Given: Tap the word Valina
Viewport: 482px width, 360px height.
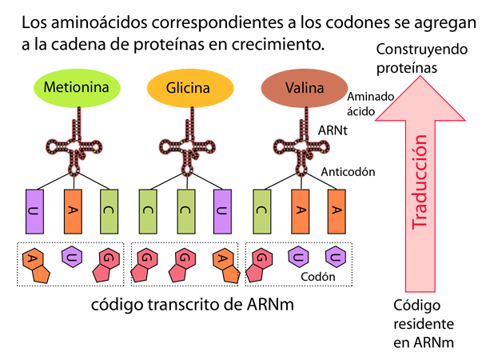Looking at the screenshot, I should point(305,87).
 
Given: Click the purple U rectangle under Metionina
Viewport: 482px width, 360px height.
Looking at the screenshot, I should point(34,211).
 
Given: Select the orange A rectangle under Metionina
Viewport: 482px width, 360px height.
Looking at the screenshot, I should point(72,211).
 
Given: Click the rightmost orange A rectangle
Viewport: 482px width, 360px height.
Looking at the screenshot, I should point(337,211).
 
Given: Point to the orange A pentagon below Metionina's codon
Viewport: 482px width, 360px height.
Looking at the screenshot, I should point(34,260).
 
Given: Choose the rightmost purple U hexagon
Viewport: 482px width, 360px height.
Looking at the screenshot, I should point(335,257).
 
